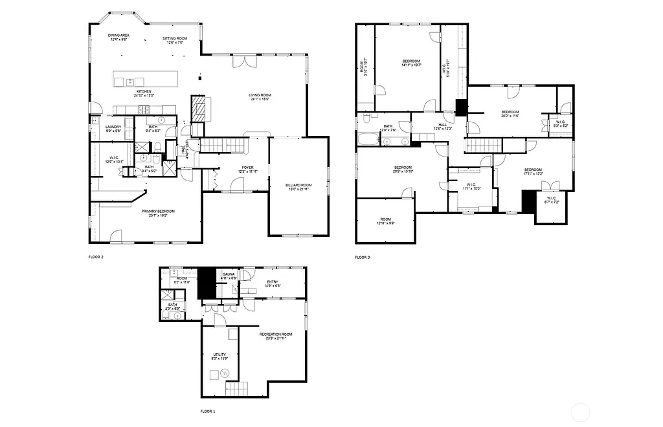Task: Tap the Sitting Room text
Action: pyautogui.click(x=174, y=38)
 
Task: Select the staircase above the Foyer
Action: pyautogui.click(x=223, y=145)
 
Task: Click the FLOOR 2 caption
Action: pyautogui.click(x=96, y=257)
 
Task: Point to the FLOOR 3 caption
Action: pyautogui.click(x=363, y=257)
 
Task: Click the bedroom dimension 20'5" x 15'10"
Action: pyautogui.click(x=403, y=171)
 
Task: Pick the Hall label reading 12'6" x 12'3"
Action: pyautogui.click(x=443, y=128)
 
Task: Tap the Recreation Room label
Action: pyautogui.click(x=276, y=334)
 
